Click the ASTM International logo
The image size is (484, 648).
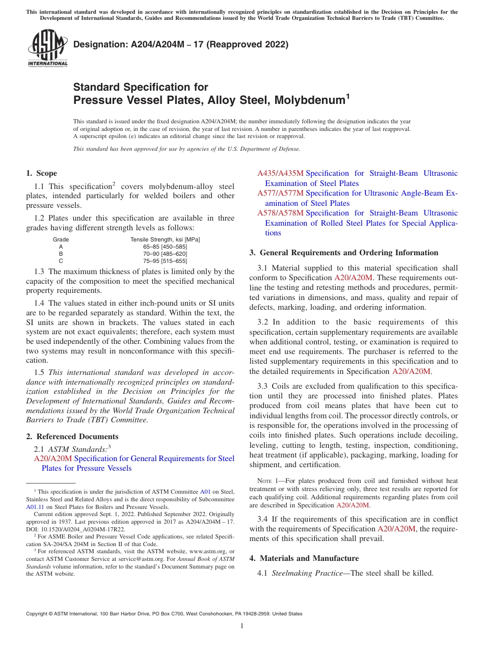[x=47, y=48]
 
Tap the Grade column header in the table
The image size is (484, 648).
[x=61, y=239]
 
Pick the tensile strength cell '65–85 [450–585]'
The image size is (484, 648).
[x=165, y=247]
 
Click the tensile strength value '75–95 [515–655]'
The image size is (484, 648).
[x=165, y=261]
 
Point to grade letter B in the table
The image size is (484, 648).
[x=61, y=254]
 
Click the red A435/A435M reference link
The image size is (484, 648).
[x=280, y=174]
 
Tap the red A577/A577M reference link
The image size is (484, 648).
[x=280, y=194]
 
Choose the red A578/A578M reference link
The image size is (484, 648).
[x=280, y=213]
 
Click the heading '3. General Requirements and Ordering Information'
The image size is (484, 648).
[x=344, y=253]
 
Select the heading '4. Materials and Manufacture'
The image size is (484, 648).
[x=304, y=558]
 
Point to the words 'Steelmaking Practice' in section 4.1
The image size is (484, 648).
[x=307, y=573]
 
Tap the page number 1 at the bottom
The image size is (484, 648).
[x=242, y=626]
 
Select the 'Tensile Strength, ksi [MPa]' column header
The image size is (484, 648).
[x=165, y=239]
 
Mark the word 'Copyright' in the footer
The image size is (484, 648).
[x=39, y=614]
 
